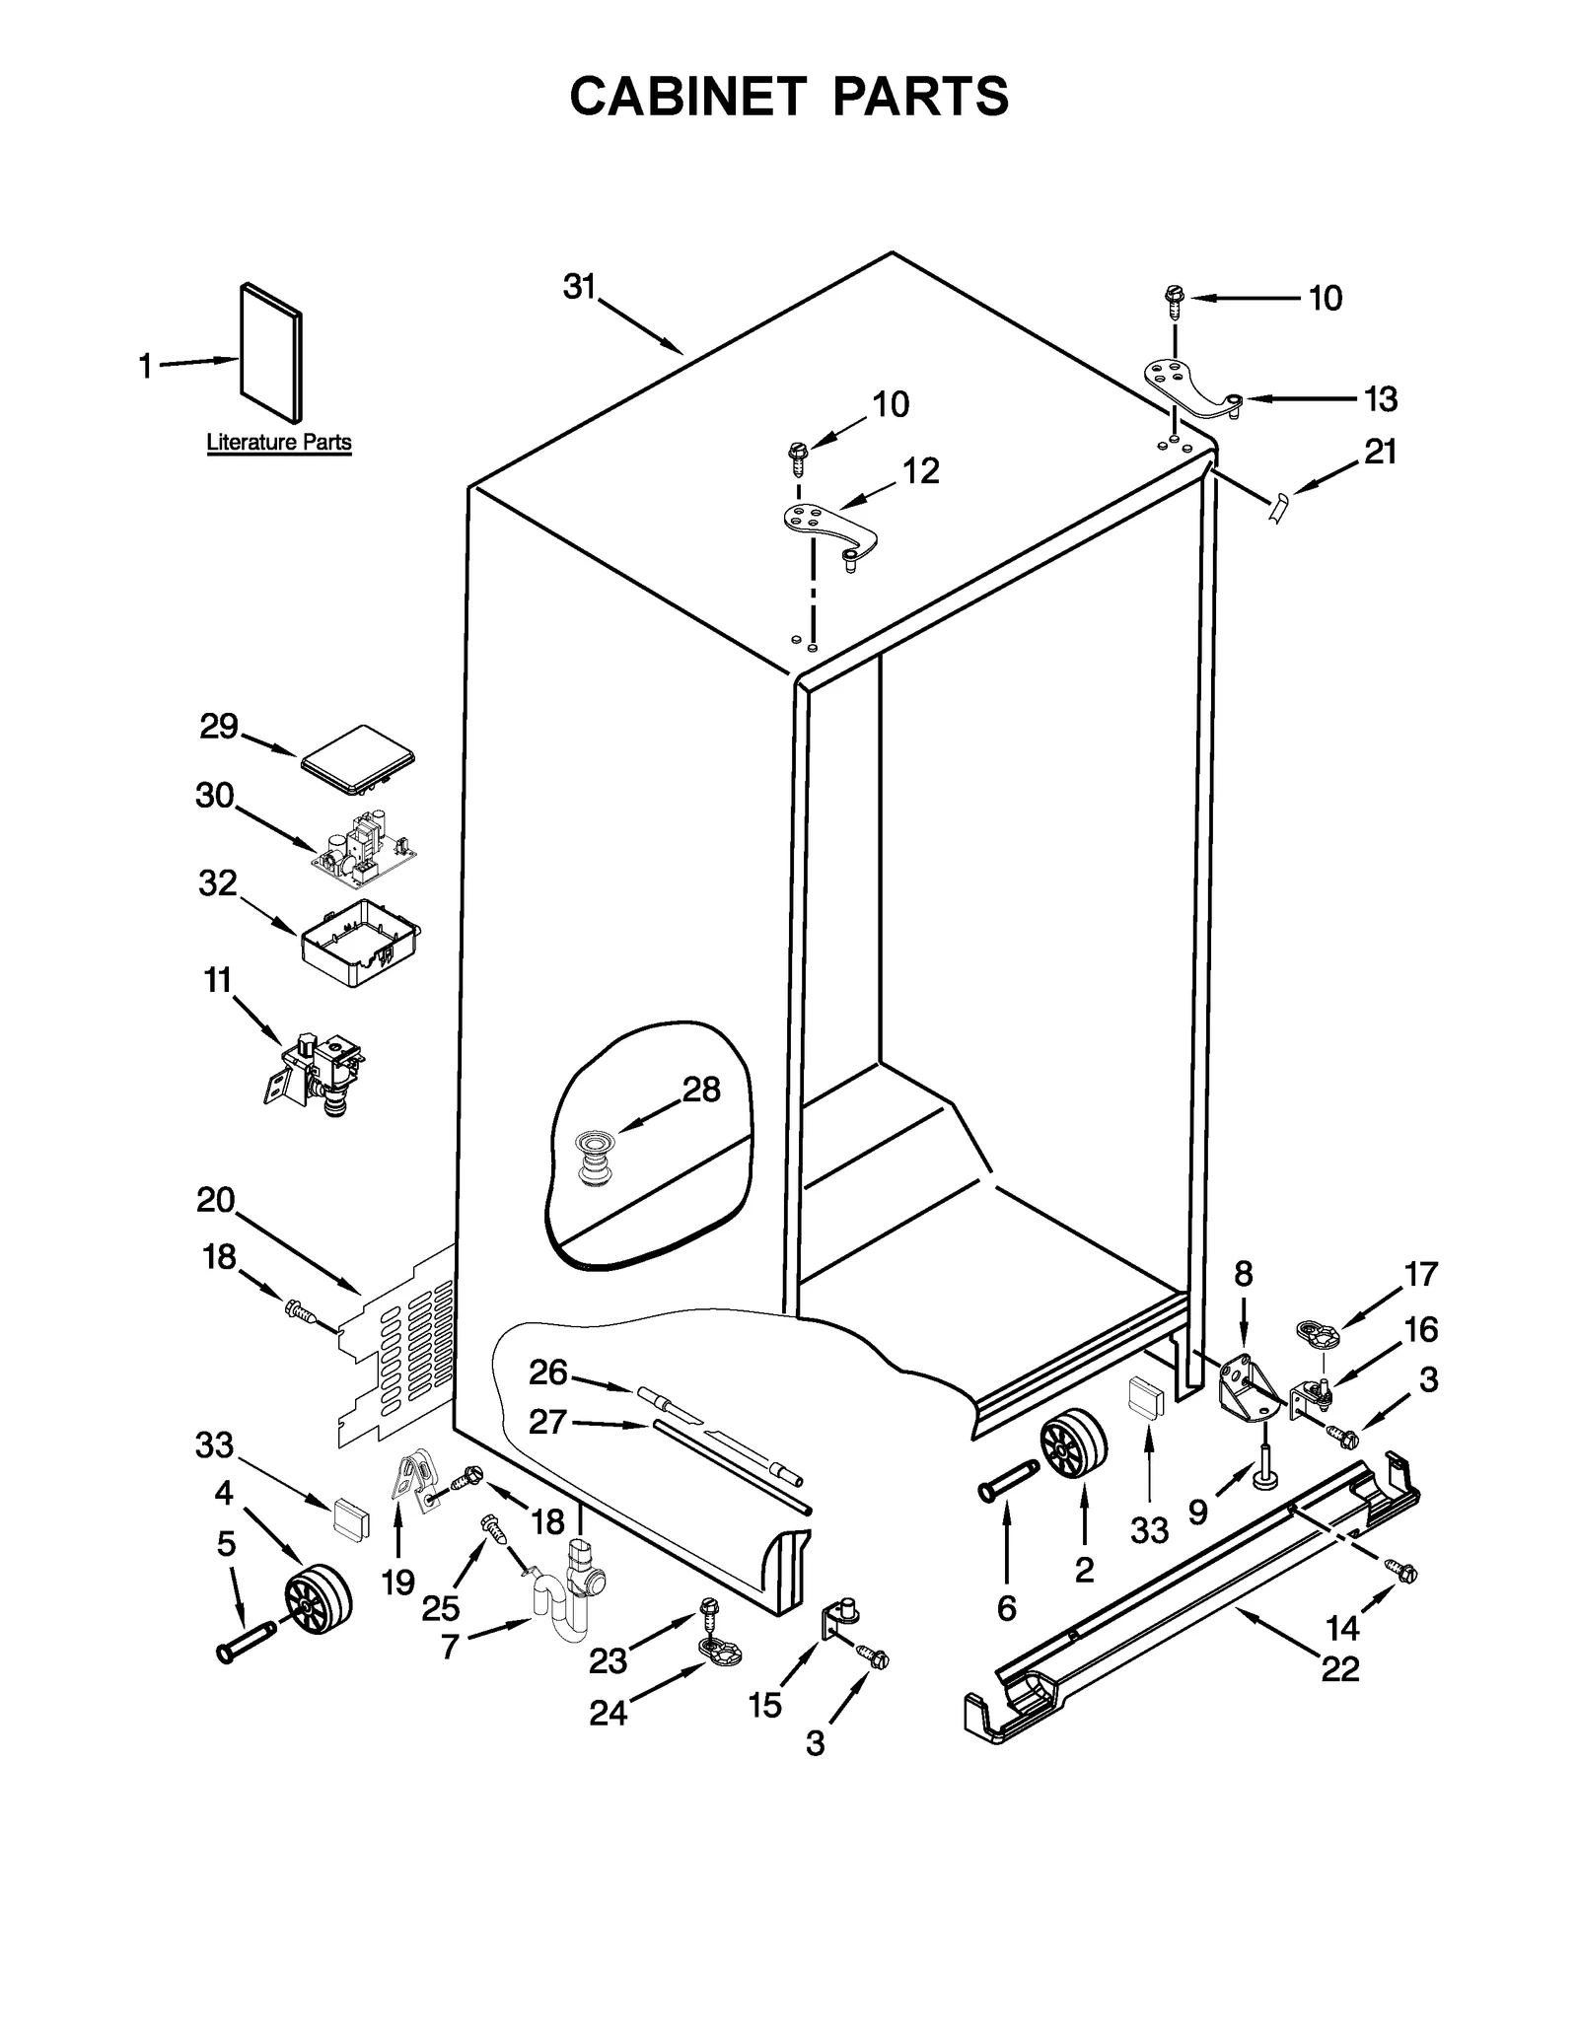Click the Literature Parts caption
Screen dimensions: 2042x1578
pos(279,443)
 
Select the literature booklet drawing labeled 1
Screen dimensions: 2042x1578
pos(271,353)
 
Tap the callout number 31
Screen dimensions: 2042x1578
pos(580,287)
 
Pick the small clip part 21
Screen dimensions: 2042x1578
pos(1278,508)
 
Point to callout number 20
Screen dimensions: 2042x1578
pos(215,1200)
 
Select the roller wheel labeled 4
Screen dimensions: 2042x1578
pos(319,1598)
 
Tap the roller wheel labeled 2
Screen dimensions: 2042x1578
pos(1073,1446)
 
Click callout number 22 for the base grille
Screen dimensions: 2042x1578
pos(1340,1669)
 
